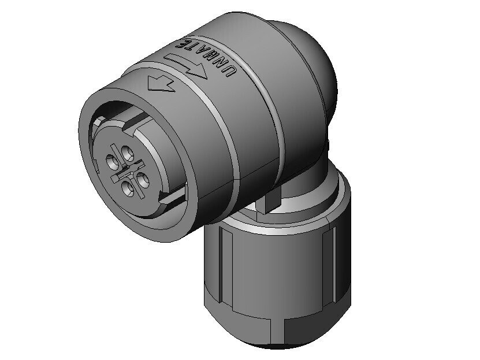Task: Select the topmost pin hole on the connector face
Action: pyautogui.click(x=127, y=153)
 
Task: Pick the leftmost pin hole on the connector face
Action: pyautogui.click(x=113, y=162)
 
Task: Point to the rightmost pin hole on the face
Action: pyautogui.click(x=143, y=179)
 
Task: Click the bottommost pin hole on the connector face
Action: pyautogui.click(x=127, y=188)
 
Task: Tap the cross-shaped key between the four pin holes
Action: pyautogui.click(x=127, y=171)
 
